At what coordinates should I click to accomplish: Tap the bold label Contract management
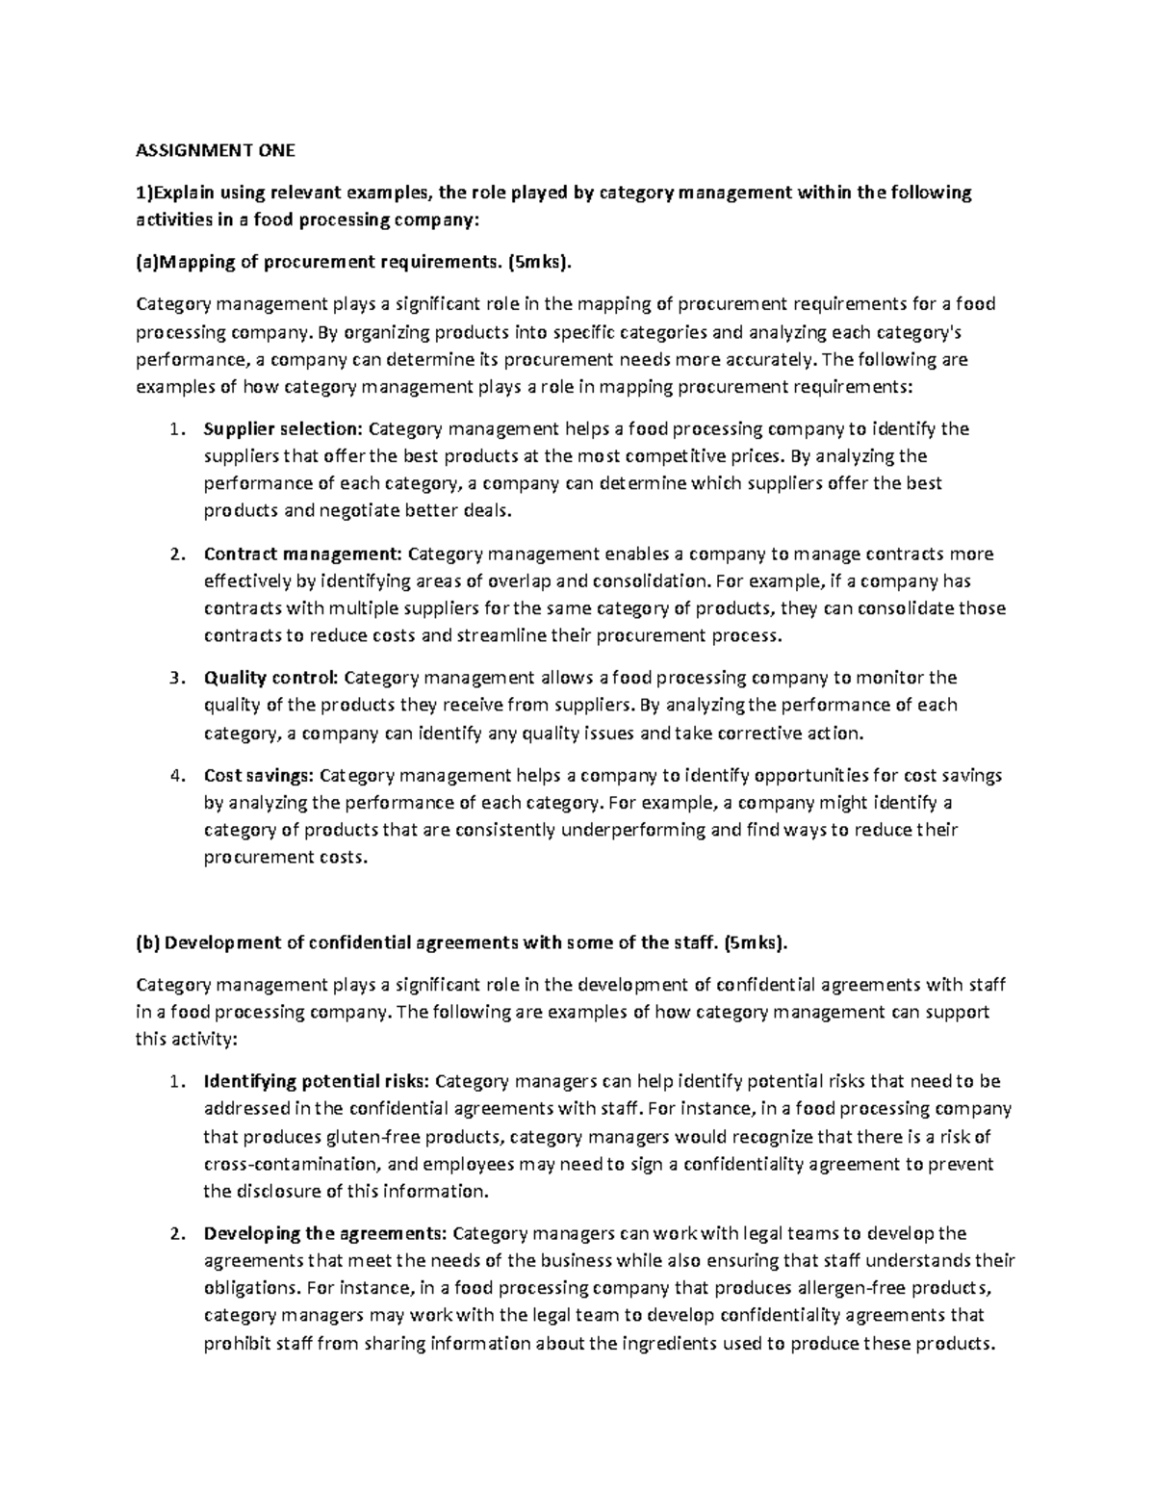pyautogui.click(x=303, y=554)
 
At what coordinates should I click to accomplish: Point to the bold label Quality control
pyautogui.click(x=270, y=678)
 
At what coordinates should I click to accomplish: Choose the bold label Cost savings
pyautogui.click(x=259, y=775)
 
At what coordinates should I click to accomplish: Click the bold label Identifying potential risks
pyautogui.click(x=318, y=1081)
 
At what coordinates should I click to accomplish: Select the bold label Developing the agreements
pyautogui.click(x=324, y=1233)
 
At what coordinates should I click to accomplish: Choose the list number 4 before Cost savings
pyautogui.click(x=174, y=775)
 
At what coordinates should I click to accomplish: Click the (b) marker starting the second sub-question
pyautogui.click(x=148, y=942)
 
